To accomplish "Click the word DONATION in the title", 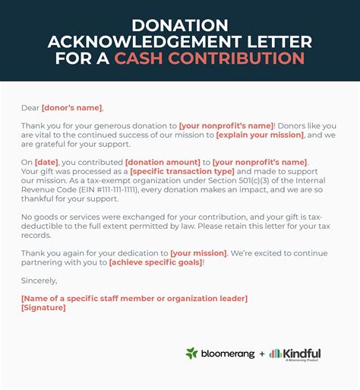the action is pyautogui.click(x=180, y=24).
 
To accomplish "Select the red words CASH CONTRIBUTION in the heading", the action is pyautogui.click(x=210, y=59).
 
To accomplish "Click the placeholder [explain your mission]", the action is pyautogui.click(x=260, y=135).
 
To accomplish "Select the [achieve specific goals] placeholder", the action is pyautogui.click(x=156, y=262).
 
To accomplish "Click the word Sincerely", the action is pyautogui.click(x=39, y=281).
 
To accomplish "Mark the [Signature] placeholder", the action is pyautogui.click(x=44, y=307).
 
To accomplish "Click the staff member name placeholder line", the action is pyautogui.click(x=134, y=298).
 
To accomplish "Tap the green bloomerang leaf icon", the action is pyautogui.click(x=191, y=354).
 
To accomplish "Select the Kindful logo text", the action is pyautogui.click(x=302, y=354).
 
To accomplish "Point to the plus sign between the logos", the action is pyautogui.click(x=261, y=354).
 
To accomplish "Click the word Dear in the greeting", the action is pyautogui.click(x=30, y=108).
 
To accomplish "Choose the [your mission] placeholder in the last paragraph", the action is pyautogui.click(x=198, y=253).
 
